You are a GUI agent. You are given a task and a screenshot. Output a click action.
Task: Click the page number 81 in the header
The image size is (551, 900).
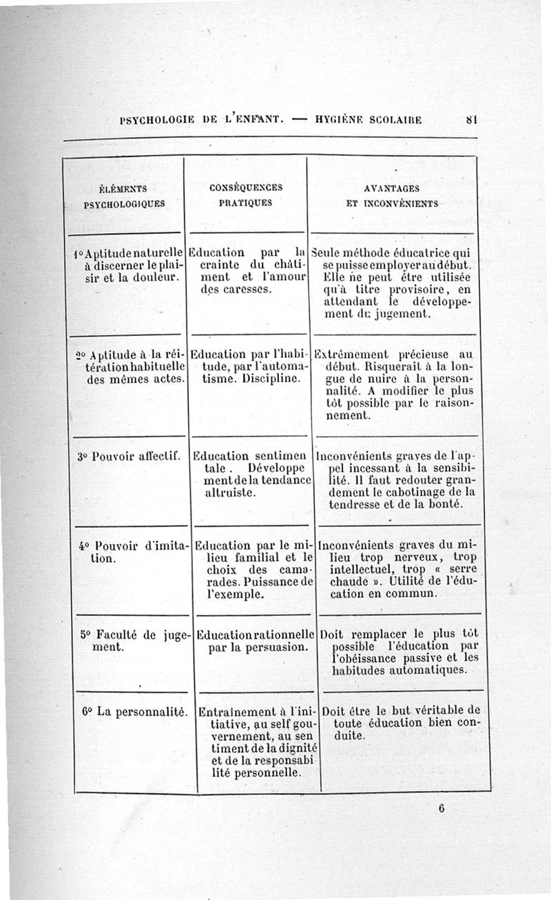471,119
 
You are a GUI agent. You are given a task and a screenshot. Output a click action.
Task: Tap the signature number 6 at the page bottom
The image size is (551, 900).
439,810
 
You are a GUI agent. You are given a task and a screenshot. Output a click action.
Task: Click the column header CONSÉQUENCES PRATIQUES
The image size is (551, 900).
245,194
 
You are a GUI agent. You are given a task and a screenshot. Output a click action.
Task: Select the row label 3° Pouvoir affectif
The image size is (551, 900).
129,456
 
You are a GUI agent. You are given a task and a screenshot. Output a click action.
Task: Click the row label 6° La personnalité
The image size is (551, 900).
134,711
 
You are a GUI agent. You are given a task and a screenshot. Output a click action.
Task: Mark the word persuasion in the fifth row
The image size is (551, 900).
272,648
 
